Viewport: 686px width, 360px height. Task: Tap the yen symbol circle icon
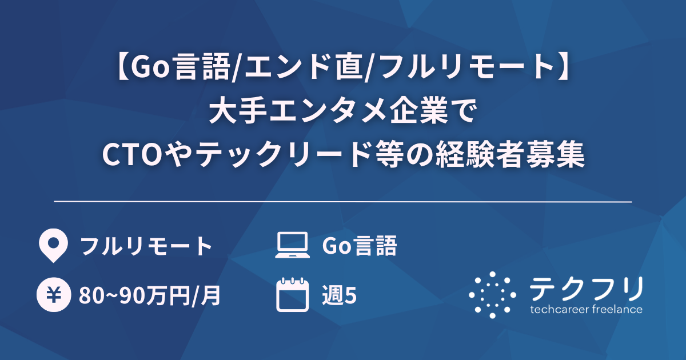53,295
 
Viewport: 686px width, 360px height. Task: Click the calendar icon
292,295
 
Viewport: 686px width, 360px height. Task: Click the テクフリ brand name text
586,289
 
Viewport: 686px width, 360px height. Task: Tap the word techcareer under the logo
557,310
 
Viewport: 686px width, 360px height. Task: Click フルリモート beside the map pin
146,246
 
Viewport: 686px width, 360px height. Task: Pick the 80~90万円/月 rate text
150,296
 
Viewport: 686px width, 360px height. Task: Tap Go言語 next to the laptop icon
360,246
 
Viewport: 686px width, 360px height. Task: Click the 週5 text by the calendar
340,296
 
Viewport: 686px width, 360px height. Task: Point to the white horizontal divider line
343,202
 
